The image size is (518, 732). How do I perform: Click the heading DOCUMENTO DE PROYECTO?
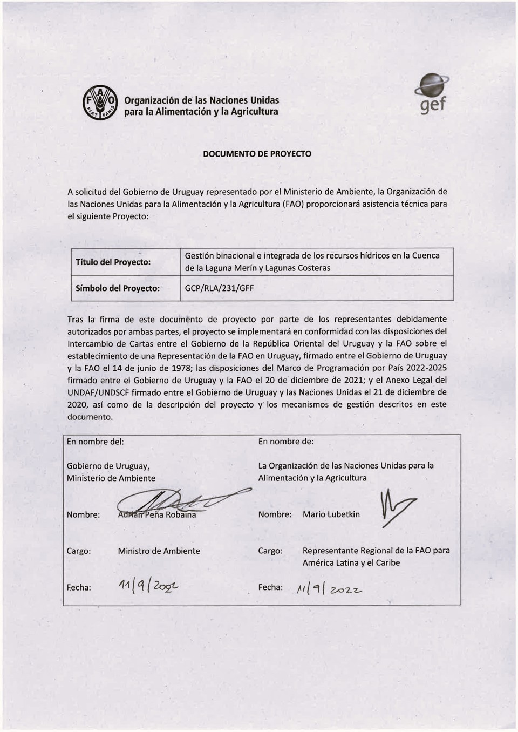(x=257, y=154)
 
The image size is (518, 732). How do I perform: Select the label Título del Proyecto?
(x=113, y=262)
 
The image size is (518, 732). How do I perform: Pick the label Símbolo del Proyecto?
(x=118, y=288)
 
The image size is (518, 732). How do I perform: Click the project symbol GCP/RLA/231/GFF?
(x=219, y=288)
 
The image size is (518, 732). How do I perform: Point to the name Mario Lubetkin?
(x=331, y=514)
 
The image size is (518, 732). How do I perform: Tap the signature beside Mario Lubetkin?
(x=397, y=507)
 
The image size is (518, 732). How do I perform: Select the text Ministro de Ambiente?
(x=159, y=551)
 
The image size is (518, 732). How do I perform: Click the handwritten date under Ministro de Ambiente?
(x=148, y=586)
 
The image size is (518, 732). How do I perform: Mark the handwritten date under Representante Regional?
(x=329, y=589)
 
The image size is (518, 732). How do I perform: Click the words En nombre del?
(x=95, y=442)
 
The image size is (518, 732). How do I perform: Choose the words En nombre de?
(x=286, y=442)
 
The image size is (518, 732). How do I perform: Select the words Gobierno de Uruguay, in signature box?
(x=108, y=466)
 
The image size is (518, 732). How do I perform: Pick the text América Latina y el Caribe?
(x=351, y=563)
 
